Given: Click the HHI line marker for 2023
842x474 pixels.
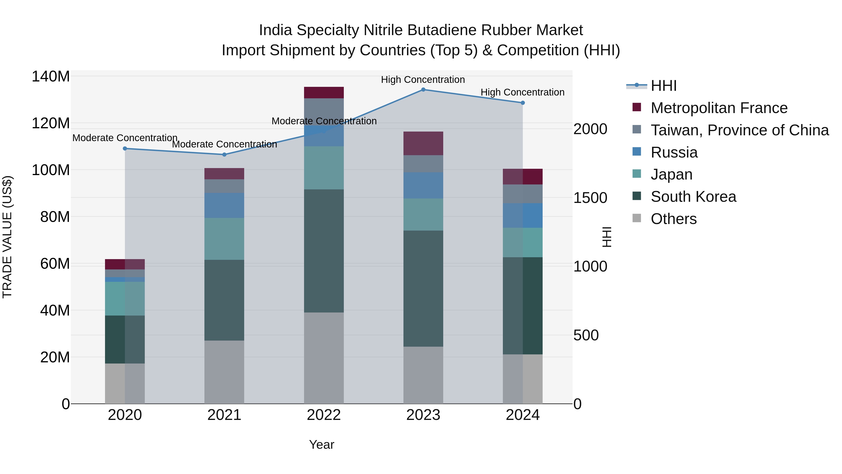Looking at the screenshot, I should [x=423, y=90].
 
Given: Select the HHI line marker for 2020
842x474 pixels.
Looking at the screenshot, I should [x=125, y=148].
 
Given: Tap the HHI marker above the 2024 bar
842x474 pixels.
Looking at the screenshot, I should [x=522, y=103].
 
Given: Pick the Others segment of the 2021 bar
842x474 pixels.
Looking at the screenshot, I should [x=224, y=372].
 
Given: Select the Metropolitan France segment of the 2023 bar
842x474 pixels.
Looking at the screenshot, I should [x=423, y=143].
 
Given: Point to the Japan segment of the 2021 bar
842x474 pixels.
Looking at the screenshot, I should [x=224, y=239].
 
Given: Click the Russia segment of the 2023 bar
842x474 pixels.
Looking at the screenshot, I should [x=423, y=185].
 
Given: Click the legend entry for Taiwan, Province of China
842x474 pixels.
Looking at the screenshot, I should [x=739, y=130].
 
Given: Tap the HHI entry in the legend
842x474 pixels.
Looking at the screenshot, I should [x=663, y=86].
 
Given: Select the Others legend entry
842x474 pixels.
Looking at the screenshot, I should [x=673, y=219].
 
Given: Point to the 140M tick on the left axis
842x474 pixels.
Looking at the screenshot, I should [x=51, y=77].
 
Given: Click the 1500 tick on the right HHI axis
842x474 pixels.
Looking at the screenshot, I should [x=590, y=198].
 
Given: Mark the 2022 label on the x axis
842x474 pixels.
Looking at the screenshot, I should [x=324, y=415].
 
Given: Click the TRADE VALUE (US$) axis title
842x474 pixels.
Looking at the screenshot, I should [x=7, y=237].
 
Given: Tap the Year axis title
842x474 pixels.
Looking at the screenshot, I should [x=322, y=445].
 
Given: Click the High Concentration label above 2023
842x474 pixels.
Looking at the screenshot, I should [x=423, y=80].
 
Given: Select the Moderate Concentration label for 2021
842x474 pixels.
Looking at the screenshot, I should [x=224, y=144].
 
